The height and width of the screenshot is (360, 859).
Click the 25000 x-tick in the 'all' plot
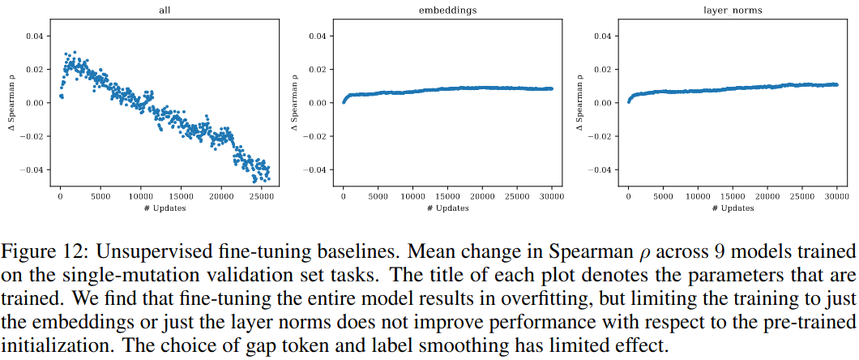tap(261, 197)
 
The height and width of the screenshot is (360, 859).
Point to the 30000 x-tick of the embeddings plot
tap(553, 197)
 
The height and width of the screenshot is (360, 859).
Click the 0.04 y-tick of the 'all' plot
tap(33, 36)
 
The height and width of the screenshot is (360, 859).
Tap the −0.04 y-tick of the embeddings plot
tap(316, 170)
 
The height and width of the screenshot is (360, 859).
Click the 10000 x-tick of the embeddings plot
tap(413, 197)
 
